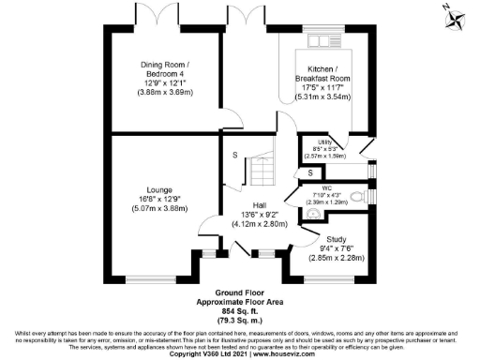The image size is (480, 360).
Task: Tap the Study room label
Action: pyautogui.click(x=336, y=239)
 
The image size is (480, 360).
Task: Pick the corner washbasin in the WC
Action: pyautogui.click(x=307, y=212)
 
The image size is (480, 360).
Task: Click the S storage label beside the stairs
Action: pyautogui.click(x=234, y=155)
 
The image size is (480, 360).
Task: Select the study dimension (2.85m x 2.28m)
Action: pyautogui.click(x=336, y=256)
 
